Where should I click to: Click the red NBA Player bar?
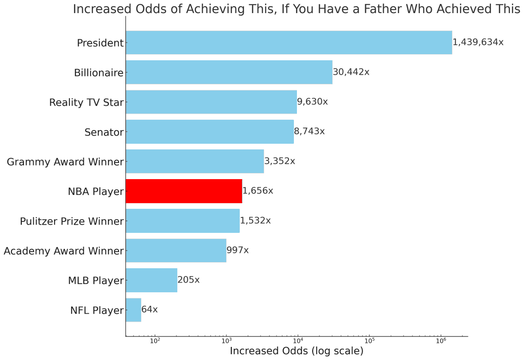(x=184, y=191)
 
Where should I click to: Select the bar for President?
(x=289, y=42)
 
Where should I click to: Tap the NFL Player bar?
(x=134, y=310)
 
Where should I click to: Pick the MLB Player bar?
(x=152, y=280)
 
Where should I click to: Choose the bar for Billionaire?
(x=229, y=72)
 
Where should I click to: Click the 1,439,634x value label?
(x=478, y=42)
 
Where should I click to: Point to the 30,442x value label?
(x=351, y=72)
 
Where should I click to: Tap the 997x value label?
(x=238, y=250)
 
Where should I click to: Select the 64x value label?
(x=150, y=310)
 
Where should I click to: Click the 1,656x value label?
(x=258, y=191)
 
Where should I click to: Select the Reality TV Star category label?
(x=86, y=103)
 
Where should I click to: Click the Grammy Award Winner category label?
(x=65, y=162)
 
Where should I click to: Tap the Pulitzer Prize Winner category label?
(x=72, y=222)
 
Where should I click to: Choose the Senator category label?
(x=104, y=132)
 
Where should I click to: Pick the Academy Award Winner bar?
(x=176, y=250)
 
